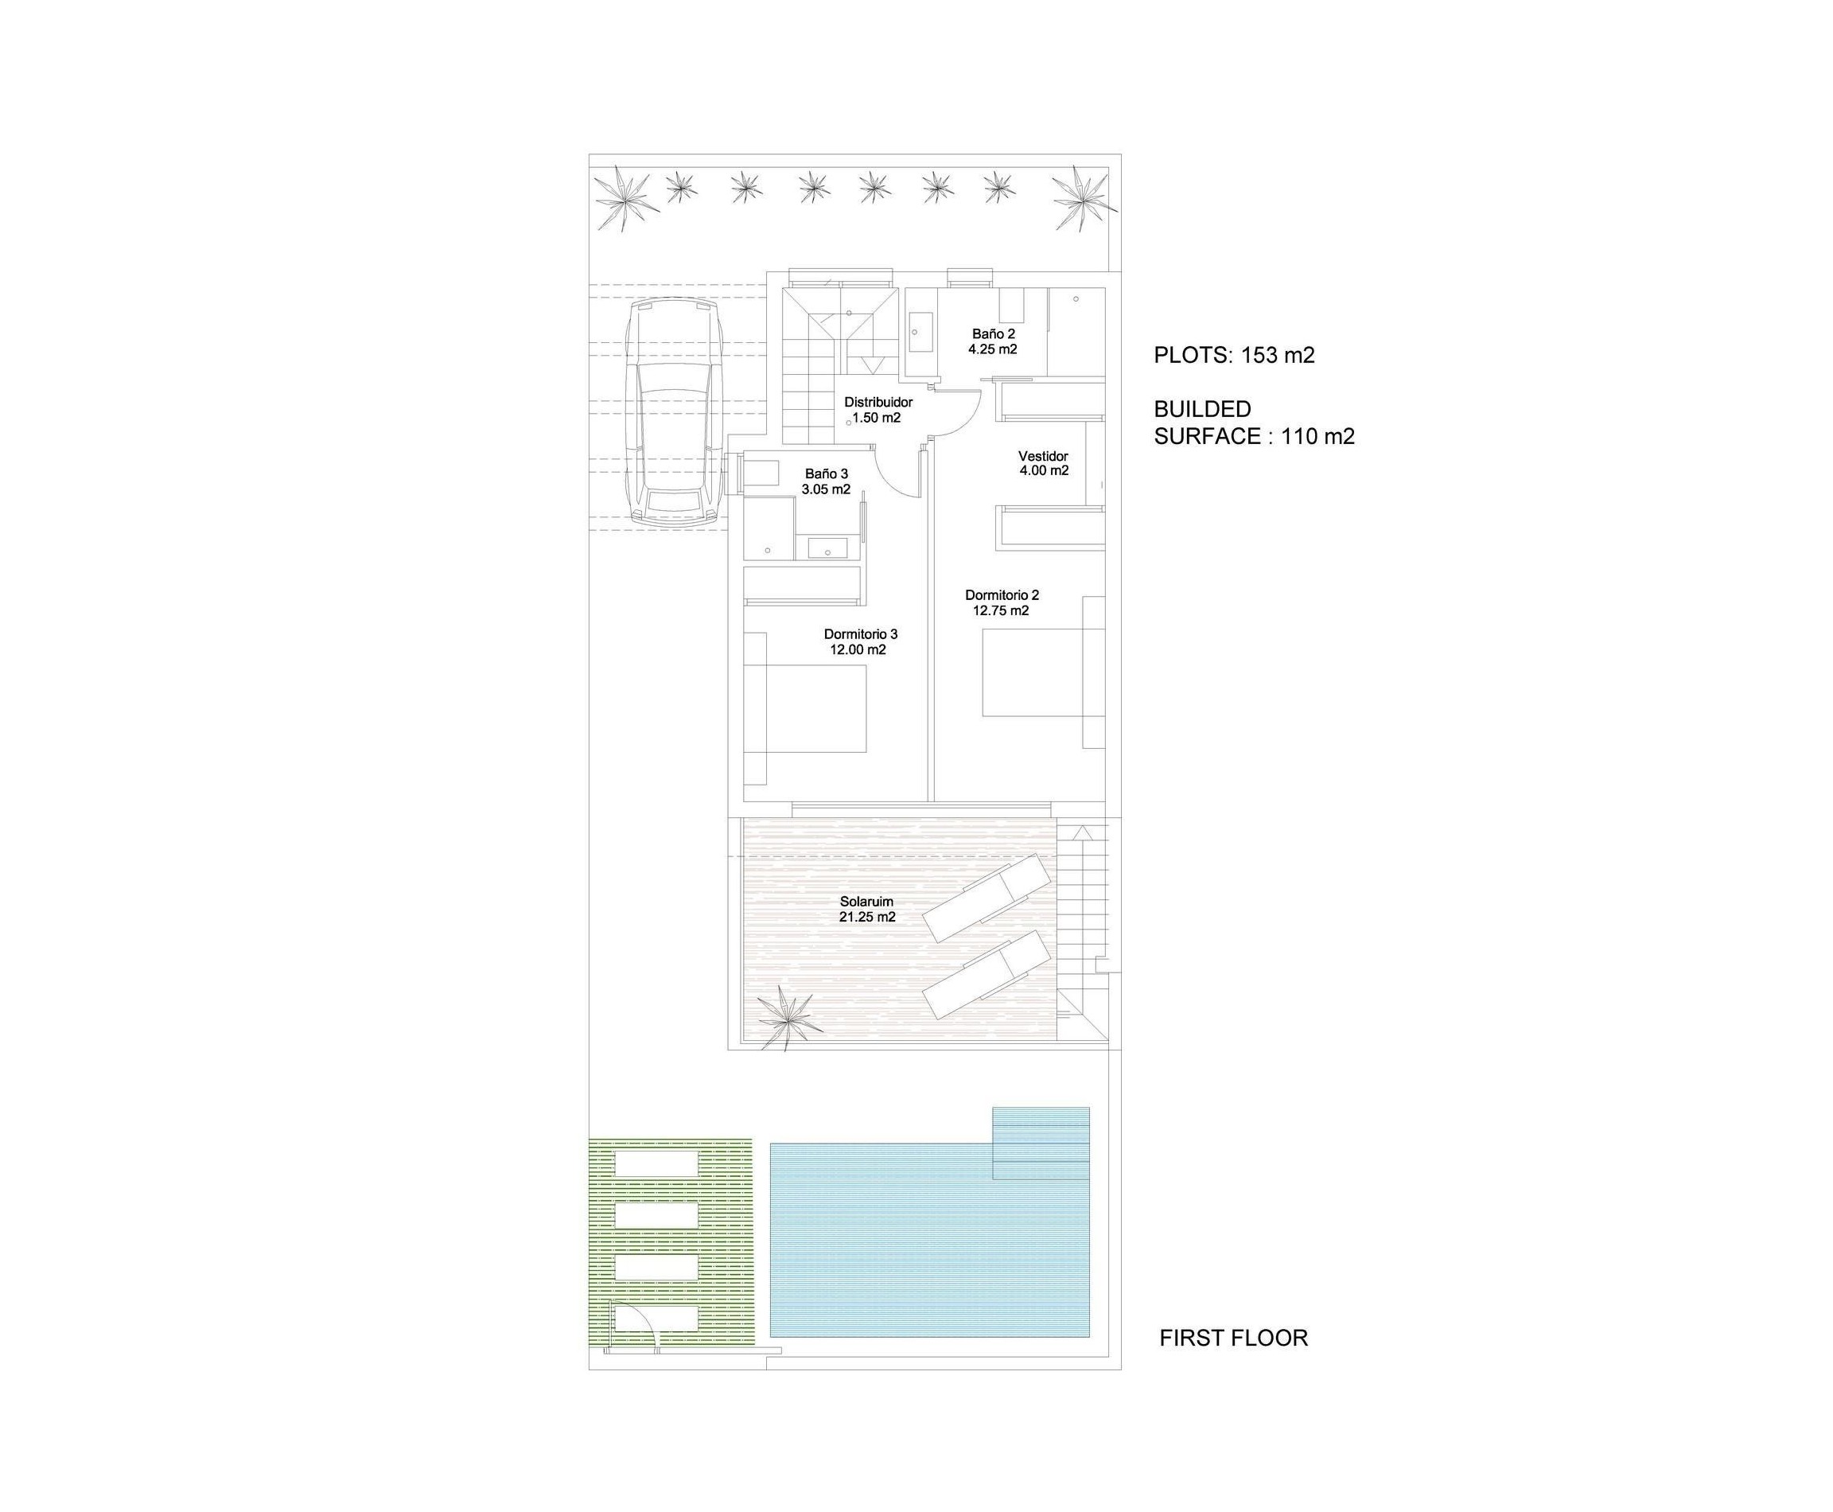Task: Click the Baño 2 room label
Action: [x=993, y=333]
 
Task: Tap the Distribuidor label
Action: [x=878, y=403]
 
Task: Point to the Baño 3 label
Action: [x=826, y=473]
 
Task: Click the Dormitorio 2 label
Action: [x=1002, y=595]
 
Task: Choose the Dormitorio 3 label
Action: [x=860, y=634]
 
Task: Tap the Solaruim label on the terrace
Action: [x=866, y=902]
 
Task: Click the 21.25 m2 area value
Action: [x=867, y=917]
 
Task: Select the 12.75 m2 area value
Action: [x=1001, y=610]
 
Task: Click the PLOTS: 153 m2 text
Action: [x=1233, y=356]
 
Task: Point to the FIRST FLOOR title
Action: [x=1233, y=1338]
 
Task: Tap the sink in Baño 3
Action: [x=822, y=548]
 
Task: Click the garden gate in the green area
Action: [x=633, y=1330]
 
